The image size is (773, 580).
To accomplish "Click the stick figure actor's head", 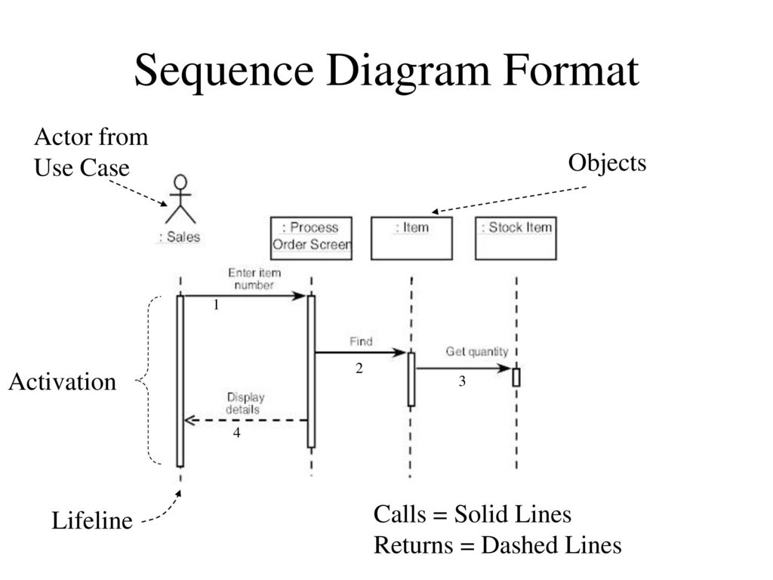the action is click(x=181, y=181).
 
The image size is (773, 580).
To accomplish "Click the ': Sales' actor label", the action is click(x=180, y=236).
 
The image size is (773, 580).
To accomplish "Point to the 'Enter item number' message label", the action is click(x=254, y=279).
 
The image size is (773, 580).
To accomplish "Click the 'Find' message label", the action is click(x=361, y=341).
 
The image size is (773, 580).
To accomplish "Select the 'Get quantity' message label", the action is click(x=477, y=352).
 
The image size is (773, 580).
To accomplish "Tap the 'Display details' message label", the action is click(x=245, y=403).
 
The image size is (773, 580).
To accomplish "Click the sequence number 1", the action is click(x=216, y=305).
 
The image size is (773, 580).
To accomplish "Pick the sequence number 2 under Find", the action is click(x=359, y=368).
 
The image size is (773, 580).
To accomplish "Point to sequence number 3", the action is click(x=462, y=381).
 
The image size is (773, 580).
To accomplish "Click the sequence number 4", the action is click(x=236, y=433).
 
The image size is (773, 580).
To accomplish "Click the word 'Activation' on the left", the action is click(x=63, y=381).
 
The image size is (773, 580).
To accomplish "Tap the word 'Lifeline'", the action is click(x=92, y=521).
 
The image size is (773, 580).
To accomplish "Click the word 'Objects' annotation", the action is click(x=607, y=163).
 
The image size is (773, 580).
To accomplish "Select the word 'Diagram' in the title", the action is click(x=408, y=72).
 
